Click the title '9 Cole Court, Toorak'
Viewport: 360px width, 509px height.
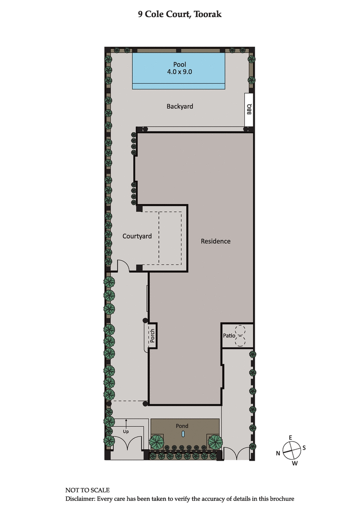click(180, 14)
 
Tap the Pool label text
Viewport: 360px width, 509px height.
click(180, 65)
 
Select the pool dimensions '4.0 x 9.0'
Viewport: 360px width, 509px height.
click(180, 71)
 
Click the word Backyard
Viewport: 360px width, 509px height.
click(180, 107)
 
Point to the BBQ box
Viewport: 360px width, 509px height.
click(249, 110)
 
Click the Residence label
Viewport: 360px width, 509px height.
click(216, 241)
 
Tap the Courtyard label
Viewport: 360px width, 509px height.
click(137, 236)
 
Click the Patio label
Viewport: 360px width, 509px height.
click(229, 336)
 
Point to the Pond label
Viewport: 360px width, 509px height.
click(182, 426)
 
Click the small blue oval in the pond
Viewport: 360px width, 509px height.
click(183, 434)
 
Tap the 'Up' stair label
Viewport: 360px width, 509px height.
click(126, 431)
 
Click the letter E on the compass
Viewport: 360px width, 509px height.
click(291, 438)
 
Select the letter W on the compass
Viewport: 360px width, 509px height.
click(295, 463)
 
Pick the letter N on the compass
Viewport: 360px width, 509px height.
click(278, 453)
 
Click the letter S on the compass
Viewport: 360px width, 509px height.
click(304, 447)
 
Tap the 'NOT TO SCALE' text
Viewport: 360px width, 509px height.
click(87, 490)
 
